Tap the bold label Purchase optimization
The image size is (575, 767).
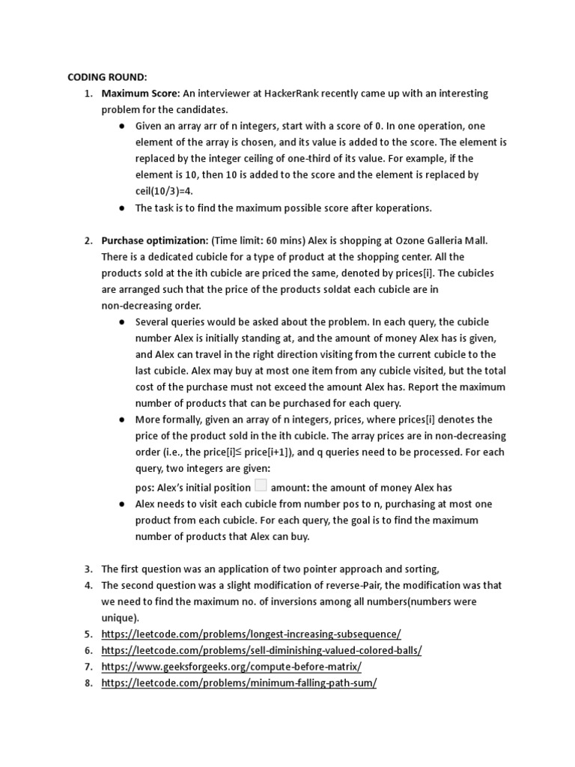154,240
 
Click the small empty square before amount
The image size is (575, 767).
261,486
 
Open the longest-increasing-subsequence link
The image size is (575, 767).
251,634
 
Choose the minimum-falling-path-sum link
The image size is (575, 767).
239,683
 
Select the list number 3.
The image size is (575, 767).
88,569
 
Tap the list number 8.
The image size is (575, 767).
88,683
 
